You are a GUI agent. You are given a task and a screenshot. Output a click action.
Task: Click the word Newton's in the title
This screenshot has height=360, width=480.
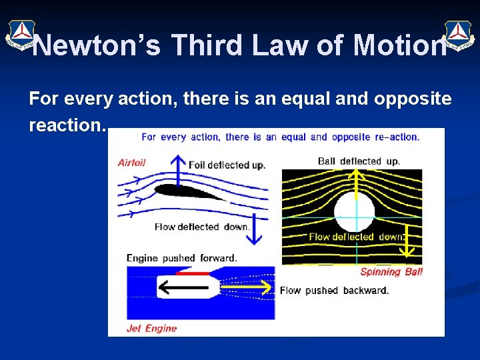pyautogui.click(x=97, y=45)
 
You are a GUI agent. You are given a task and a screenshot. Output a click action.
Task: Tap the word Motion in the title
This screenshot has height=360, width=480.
pyautogui.click(x=399, y=45)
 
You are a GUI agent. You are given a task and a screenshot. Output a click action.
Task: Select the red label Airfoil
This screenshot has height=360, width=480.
pyautogui.click(x=131, y=162)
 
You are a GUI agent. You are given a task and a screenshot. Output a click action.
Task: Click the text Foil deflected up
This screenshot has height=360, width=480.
pyautogui.click(x=227, y=165)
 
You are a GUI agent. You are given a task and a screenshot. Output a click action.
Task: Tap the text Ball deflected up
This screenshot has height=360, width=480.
pyautogui.click(x=359, y=161)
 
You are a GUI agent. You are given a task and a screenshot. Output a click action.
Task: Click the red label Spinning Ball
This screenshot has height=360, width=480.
pyautogui.click(x=391, y=271)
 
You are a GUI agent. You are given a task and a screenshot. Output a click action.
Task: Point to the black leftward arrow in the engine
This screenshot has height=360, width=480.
pyautogui.click(x=183, y=287)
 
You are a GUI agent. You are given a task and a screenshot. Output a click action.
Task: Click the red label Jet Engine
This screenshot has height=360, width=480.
pyautogui.click(x=151, y=328)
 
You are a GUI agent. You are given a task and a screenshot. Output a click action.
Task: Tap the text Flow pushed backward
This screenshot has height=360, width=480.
pyautogui.click(x=334, y=290)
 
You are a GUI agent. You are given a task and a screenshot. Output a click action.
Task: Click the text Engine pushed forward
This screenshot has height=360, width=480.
pyautogui.click(x=181, y=258)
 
